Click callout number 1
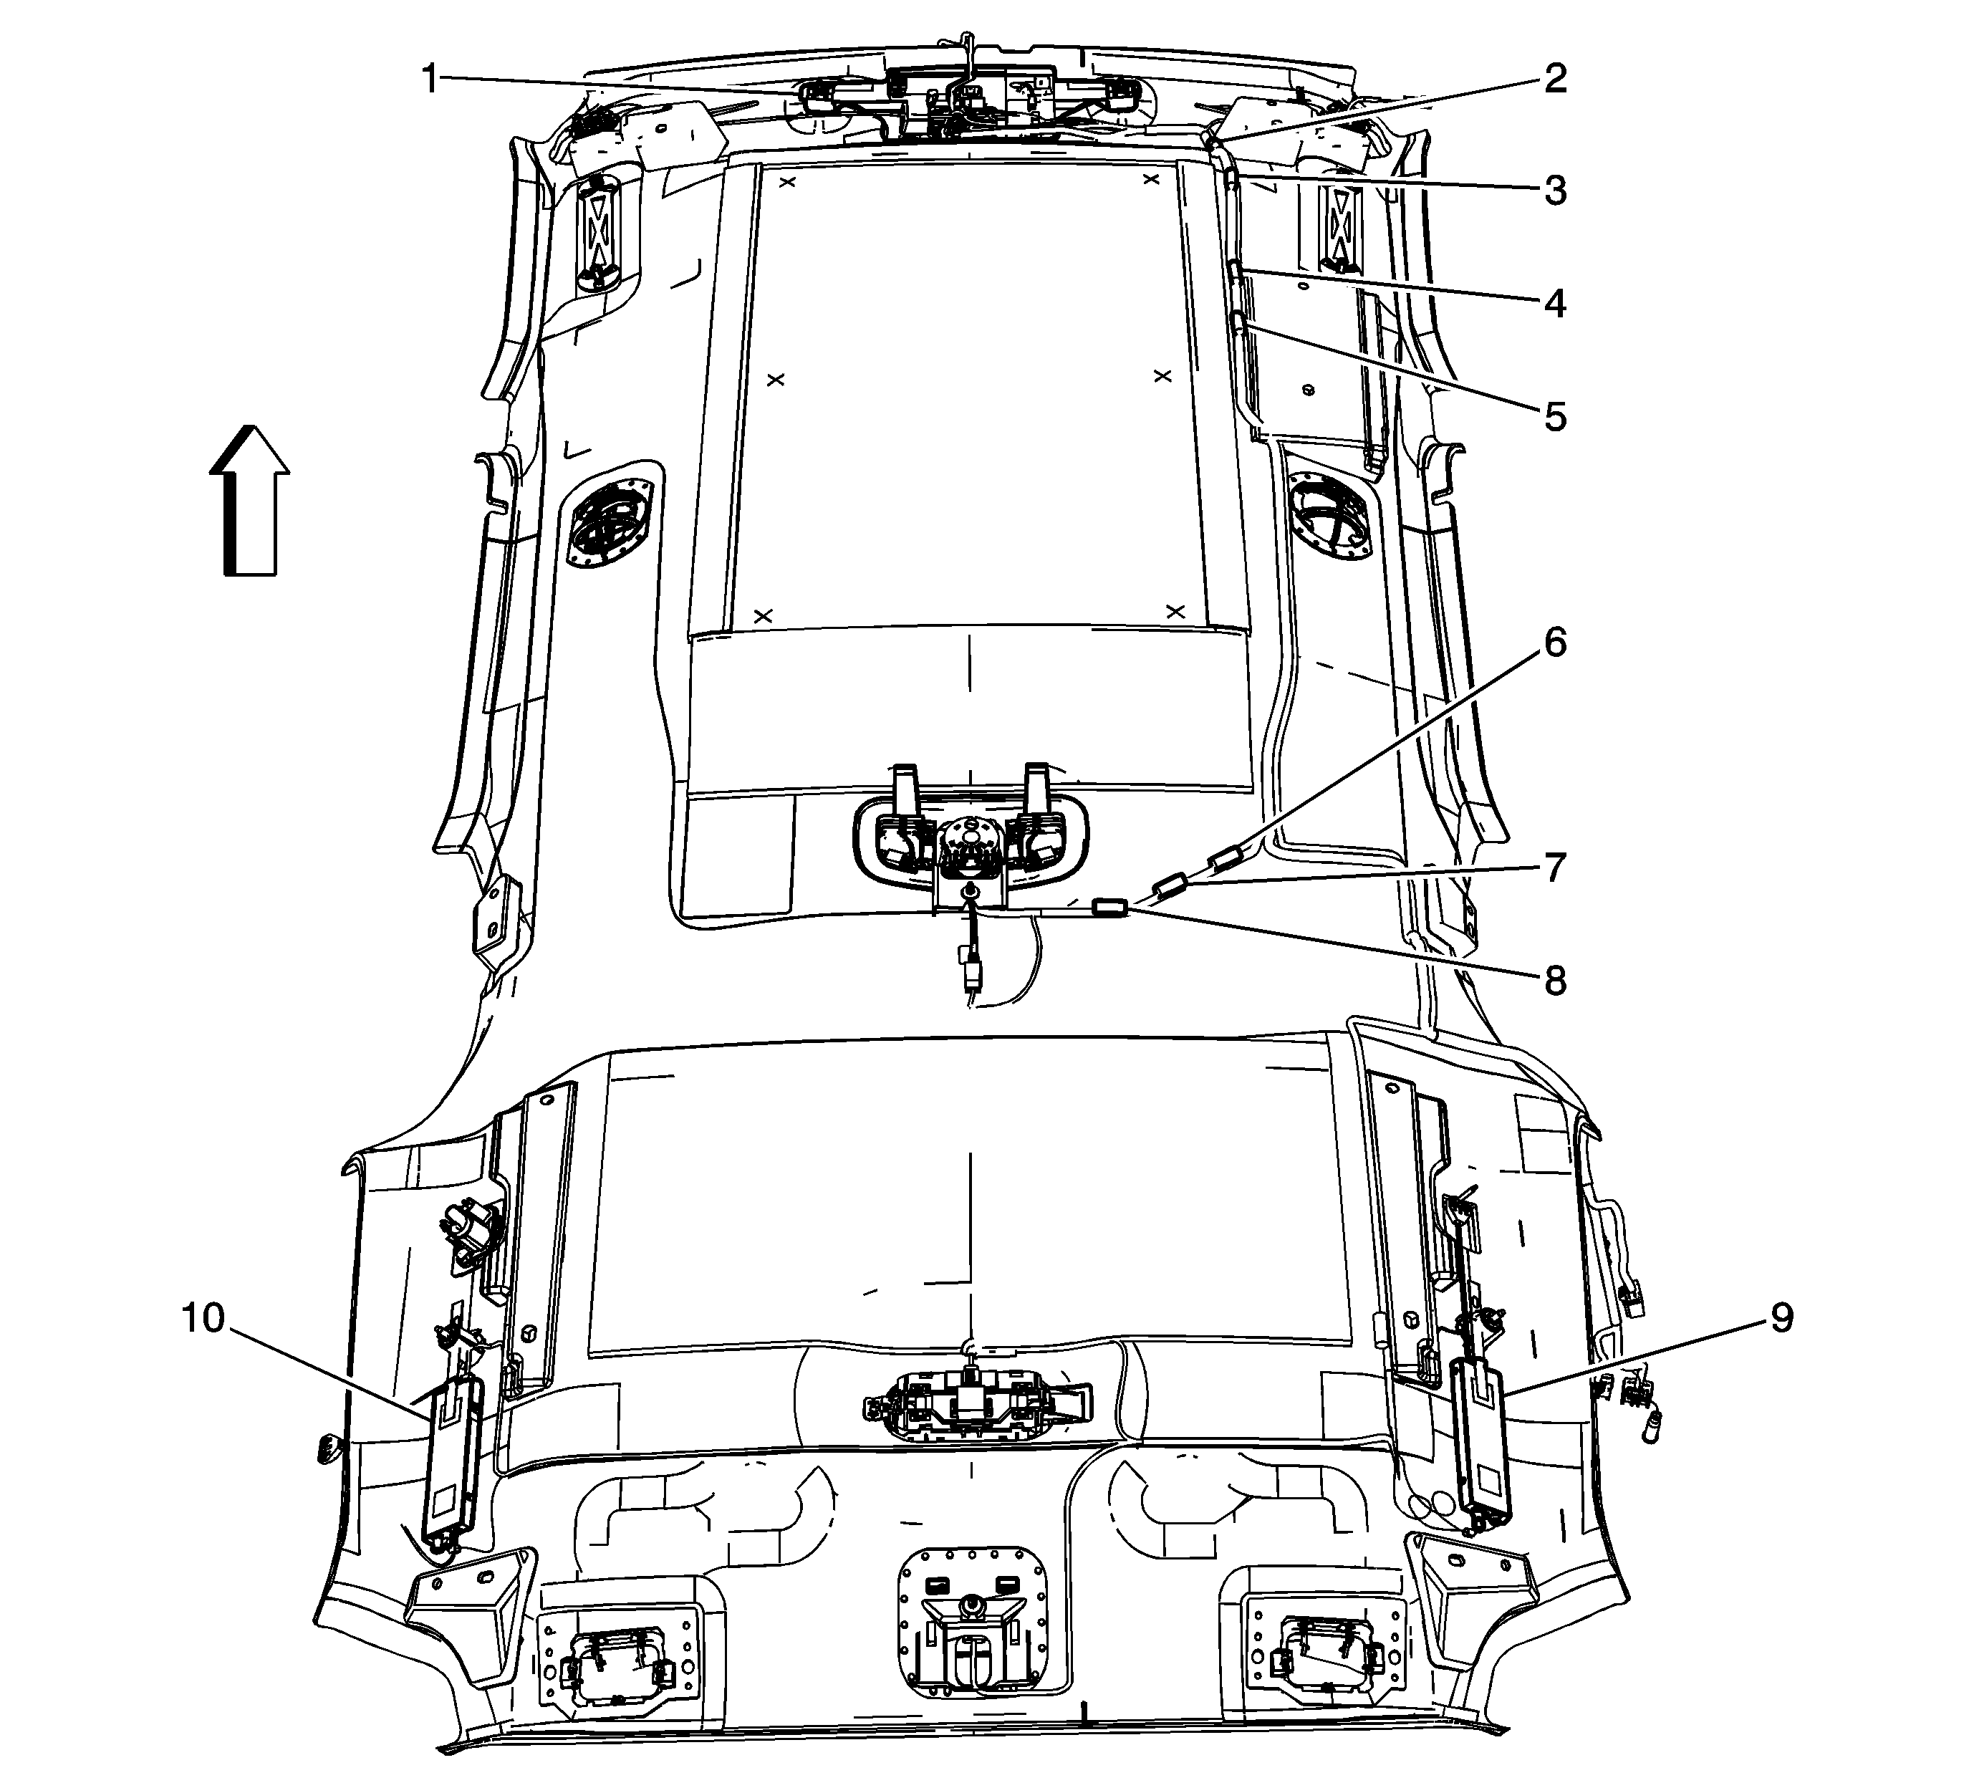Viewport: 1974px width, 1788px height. pyautogui.click(x=430, y=78)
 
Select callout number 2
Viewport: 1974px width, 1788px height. pyautogui.click(x=1555, y=78)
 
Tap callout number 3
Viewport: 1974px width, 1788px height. pyautogui.click(x=1555, y=191)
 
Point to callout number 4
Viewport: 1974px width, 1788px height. pyautogui.click(x=1555, y=304)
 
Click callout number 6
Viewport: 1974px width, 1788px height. pyautogui.click(x=1555, y=643)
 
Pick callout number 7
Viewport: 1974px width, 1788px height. pyautogui.click(x=1555, y=867)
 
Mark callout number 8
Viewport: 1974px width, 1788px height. pyautogui.click(x=1555, y=980)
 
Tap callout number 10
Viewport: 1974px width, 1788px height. pyautogui.click(x=203, y=1318)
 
